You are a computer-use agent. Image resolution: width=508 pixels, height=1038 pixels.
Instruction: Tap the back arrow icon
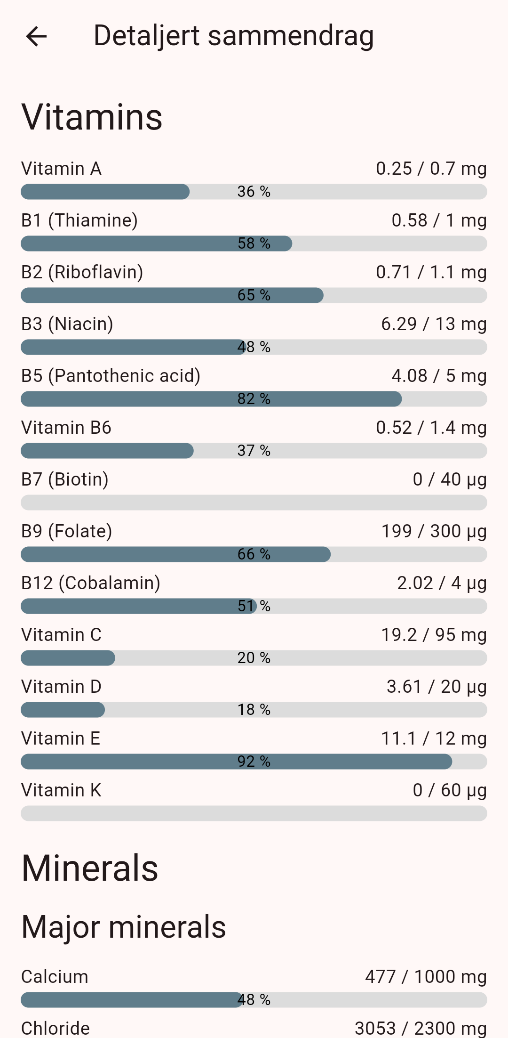pos(36,36)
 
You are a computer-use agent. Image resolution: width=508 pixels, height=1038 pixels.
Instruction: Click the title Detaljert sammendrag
pos(234,36)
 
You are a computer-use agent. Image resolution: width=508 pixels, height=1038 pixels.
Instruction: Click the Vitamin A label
pos(62,169)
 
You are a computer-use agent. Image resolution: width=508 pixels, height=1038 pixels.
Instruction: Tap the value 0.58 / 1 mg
pos(439,220)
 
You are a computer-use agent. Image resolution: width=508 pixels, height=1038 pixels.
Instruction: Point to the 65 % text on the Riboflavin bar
pos(254,295)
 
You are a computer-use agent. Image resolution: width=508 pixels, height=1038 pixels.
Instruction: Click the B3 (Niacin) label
pos(67,324)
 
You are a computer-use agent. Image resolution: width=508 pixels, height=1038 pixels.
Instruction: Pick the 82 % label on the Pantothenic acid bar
pos(254,399)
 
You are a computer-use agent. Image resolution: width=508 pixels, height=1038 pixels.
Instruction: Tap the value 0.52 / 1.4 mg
pos(431,428)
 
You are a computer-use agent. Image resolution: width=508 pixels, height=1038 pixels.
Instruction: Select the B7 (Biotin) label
pos(65,479)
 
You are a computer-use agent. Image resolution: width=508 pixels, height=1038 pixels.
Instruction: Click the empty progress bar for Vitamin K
pos(254,813)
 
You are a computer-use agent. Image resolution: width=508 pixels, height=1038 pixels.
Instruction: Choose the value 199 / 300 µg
pos(434,531)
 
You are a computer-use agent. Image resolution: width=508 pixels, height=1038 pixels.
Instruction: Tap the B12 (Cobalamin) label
pos(91,583)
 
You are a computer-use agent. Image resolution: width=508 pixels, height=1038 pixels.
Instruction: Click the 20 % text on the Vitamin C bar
pos(254,658)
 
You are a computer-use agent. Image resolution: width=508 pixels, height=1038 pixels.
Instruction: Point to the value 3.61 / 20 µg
pos(437,687)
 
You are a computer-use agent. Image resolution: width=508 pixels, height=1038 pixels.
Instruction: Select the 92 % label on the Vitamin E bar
pos(254,762)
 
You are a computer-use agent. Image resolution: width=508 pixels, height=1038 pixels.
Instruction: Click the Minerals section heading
pos(90,868)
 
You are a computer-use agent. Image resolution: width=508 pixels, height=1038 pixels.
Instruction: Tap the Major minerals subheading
pos(124,927)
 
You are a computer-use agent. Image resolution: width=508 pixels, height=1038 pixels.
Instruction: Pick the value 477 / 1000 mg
pos(426,977)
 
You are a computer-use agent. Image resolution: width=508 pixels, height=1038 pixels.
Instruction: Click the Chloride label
pos(56,1028)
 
